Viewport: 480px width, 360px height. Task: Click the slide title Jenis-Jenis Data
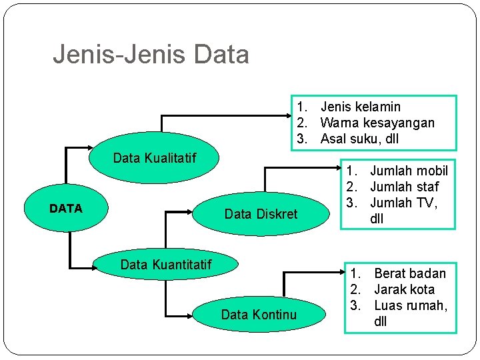point(151,54)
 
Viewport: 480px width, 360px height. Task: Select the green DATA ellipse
point(66,209)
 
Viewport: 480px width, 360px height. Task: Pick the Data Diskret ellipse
point(261,214)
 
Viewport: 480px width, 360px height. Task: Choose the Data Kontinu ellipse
point(258,314)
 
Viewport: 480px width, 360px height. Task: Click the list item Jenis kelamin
point(360,107)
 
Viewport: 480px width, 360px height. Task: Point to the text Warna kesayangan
point(377,123)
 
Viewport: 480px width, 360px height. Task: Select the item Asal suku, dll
point(360,139)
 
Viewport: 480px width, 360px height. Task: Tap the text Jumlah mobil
point(409,171)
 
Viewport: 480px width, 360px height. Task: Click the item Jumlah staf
point(404,187)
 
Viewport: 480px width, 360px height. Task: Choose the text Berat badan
point(409,273)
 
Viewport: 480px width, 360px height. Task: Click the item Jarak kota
point(404,289)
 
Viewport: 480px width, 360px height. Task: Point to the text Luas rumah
point(410,305)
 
